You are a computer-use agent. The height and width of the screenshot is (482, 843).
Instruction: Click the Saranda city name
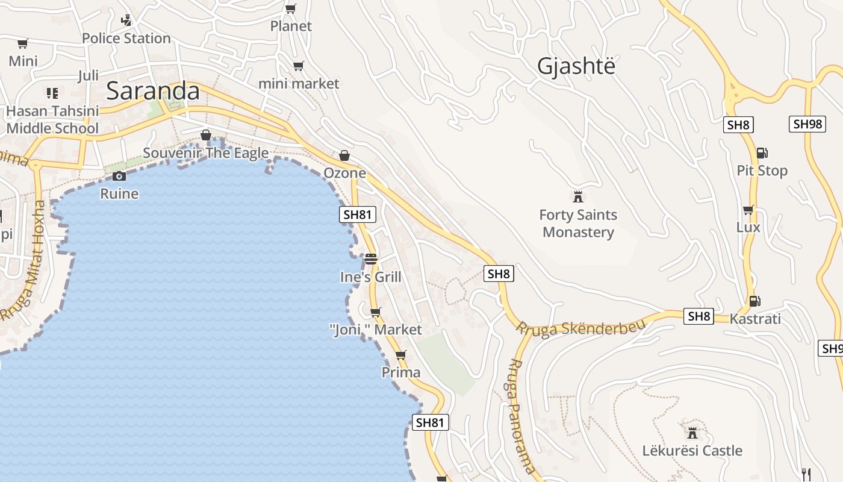[x=152, y=91]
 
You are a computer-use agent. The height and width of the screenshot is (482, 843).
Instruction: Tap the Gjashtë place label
[x=576, y=66]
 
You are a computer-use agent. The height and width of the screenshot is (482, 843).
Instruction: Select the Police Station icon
[x=126, y=20]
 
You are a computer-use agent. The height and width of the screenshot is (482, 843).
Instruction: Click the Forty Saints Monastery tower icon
[x=578, y=196]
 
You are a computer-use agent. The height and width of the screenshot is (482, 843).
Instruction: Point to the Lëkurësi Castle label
[x=692, y=451]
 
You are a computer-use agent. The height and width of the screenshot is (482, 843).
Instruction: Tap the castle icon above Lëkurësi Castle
[x=692, y=433]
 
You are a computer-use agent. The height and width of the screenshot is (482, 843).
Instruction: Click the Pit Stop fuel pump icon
[x=762, y=153]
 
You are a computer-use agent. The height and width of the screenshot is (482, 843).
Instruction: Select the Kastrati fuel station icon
[x=754, y=301]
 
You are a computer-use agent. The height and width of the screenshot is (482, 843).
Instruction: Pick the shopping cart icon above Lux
[x=748, y=210]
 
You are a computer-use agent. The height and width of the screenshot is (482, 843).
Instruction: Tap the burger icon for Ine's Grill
[x=370, y=259]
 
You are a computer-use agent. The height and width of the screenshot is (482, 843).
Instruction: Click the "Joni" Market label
[x=376, y=330]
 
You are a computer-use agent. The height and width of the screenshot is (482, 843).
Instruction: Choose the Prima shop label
[x=401, y=372]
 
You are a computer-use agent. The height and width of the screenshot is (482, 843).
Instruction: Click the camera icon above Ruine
[x=119, y=176]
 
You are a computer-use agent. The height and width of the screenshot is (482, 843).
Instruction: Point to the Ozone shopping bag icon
[x=344, y=155]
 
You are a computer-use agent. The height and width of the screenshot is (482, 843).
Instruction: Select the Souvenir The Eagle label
[x=205, y=153]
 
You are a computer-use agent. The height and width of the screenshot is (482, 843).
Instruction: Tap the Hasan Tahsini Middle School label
[x=52, y=120]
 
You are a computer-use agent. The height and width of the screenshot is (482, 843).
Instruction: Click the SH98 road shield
[x=806, y=124]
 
